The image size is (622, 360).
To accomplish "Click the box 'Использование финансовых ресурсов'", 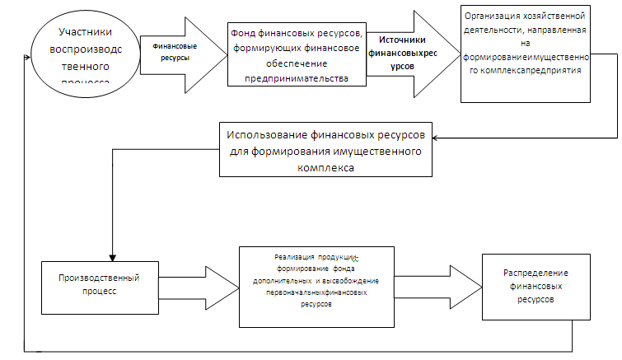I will [325, 149].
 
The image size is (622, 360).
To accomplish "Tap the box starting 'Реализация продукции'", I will [322, 286].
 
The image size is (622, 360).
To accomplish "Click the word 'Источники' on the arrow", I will [402, 39].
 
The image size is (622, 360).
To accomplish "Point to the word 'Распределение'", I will [536, 273].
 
